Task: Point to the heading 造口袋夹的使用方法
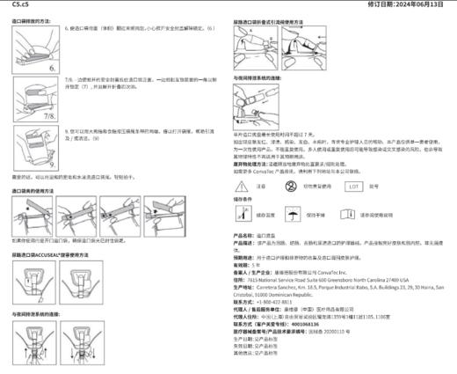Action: coord(40,190)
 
